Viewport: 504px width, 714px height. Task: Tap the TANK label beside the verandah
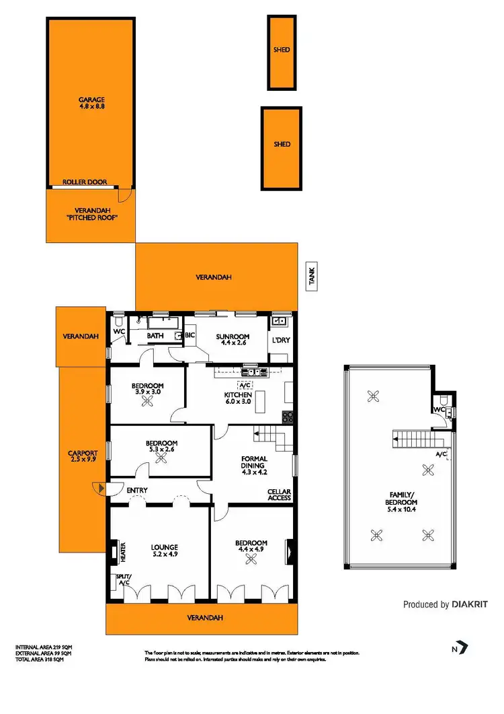point(312,276)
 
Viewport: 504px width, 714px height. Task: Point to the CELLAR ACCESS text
point(279,495)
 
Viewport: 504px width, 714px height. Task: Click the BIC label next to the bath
point(190,335)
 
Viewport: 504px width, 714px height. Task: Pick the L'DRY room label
point(280,340)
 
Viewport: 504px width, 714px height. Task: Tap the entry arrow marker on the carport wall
point(100,489)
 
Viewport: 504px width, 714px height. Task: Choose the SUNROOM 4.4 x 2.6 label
point(233,341)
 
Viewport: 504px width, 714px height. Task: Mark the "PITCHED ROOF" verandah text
point(90,218)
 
